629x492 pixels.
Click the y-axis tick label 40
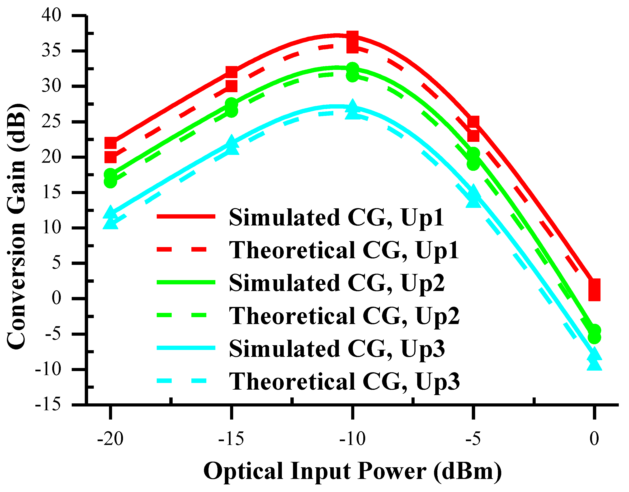pyautogui.click(x=51, y=15)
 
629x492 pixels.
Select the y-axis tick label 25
pyautogui.click(x=51, y=122)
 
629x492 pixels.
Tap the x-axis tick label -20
pyautogui.click(x=110, y=439)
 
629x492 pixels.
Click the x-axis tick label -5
pyautogui.click(x=473, y=439)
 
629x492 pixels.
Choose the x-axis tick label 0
pyautogui.click(x=594, y=439)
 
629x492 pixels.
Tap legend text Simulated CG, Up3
pyautogui.click(x=337, y=349)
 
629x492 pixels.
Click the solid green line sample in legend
pyautogui.click(x=186, y=282)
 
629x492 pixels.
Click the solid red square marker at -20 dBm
pyautogui.click(x=111, y=143)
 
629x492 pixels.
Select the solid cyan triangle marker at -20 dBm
pyautogui.click(x=111, y=212)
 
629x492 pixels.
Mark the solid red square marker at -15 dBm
pyautogui.click(x=231, y=72)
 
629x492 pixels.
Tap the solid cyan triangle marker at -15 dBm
pyautogui.click(x=231, y=142)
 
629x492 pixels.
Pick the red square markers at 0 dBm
pyautogui.click(x=594, y=290)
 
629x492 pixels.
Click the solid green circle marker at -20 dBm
pyautogui.click(x=111, y=174)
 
